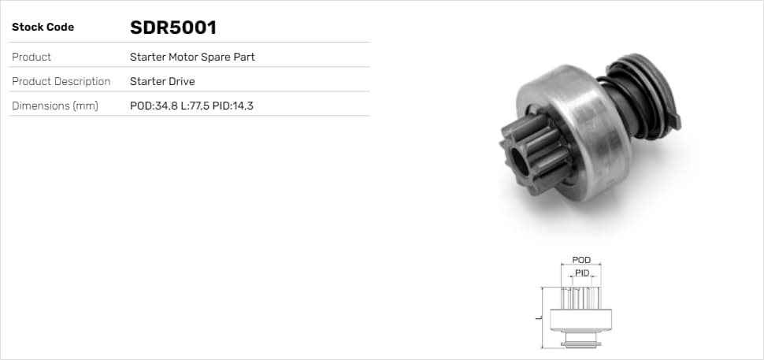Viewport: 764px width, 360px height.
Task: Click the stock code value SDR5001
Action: [173, 28]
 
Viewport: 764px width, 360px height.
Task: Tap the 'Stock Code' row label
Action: [43, 28]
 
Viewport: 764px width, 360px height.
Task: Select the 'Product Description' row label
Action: [61, 81]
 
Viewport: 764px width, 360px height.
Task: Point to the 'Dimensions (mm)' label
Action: [54, 106]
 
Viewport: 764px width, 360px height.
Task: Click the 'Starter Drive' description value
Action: [162, 81]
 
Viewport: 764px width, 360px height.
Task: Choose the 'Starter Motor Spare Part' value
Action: [192, 57]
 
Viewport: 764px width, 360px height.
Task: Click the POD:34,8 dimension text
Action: [154, 106]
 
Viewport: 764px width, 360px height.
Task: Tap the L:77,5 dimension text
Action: [195, 106]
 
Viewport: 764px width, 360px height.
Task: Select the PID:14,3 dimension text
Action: [233, 106]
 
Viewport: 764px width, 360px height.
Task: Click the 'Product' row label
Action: [32, 57]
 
